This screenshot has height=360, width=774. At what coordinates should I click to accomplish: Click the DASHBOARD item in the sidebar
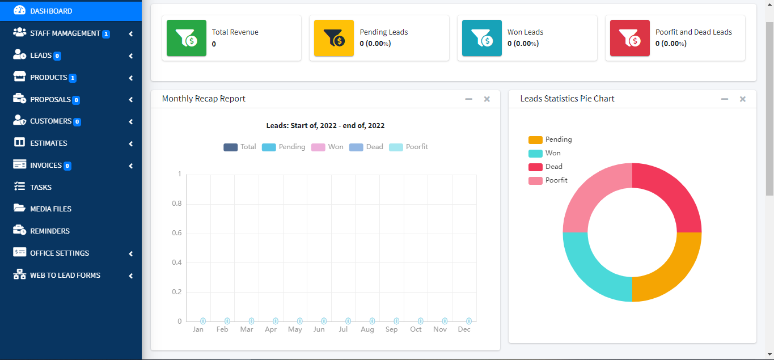pyautogui.click(x=51, y=11)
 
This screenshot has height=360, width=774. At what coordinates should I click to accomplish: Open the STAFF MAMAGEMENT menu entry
pyautogui.click(x=65, y=33)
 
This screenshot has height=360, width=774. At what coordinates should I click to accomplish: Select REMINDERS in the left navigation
pyautogui.click(x=50, y=231)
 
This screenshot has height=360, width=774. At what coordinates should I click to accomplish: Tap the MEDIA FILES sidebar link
pyautogui.click(x=50, y=209)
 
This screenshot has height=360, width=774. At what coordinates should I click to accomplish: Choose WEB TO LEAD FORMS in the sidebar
pyautogui.click(x=65, y=275)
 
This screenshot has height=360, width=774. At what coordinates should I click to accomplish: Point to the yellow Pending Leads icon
pyautogui.click(x=334, y=38)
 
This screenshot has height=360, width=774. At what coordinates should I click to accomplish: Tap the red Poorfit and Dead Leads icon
pyautogui.click(x=629, y=38)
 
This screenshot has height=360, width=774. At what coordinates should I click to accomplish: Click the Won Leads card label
pyautogui.click(x=525, y=32)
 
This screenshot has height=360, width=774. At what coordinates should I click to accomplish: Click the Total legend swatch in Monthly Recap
pyautogui.click(x=231, y=147)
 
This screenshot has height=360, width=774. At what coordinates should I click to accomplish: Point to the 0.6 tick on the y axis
pyautogui.click(x=176, y=233)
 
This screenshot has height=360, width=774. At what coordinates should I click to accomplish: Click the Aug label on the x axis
pyautogui.click(x=367, y=329)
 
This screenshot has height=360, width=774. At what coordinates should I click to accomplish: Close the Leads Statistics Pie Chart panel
pyautogui.click(x=743, y=99)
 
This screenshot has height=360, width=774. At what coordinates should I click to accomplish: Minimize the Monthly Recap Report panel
pyautogui.click(x=468, y=99)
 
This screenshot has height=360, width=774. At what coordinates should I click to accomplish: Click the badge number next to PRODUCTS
pyautogui.click(x=73, y=78)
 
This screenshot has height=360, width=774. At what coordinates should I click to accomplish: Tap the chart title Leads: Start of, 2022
pyautogui.click(x=325, y=126)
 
